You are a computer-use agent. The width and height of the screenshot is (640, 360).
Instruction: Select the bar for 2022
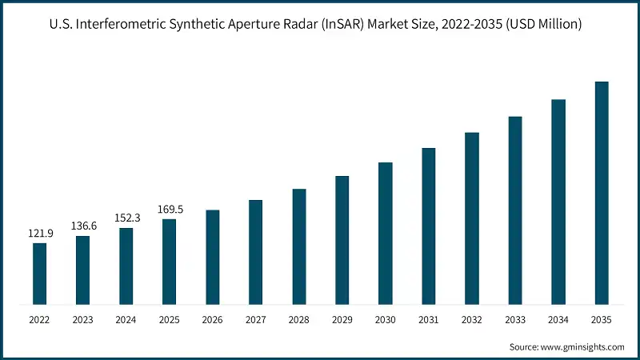pos(39,274)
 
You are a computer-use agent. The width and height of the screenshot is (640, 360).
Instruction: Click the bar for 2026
pos(212,257)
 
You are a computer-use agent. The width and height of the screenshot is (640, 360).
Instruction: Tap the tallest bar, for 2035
pos(602,193)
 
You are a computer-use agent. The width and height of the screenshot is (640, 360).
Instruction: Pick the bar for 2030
pos(385,233)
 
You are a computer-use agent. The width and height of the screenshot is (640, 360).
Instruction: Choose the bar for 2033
pos(515,210)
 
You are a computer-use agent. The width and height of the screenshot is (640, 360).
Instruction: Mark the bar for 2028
pos(299,246)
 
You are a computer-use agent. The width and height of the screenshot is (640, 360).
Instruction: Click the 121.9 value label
pos(39,233)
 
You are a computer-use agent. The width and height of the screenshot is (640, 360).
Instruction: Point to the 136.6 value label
pos(82,226)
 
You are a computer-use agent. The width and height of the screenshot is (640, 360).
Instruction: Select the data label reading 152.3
pos(126,218)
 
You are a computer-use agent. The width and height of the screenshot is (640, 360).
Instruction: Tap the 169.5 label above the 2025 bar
pos(169,210)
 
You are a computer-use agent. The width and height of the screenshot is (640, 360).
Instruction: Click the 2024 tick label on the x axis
pos(126,320)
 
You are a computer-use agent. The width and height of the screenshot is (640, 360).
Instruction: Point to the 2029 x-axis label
pos(342,320)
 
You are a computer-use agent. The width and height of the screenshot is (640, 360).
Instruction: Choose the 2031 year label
pos(428,320)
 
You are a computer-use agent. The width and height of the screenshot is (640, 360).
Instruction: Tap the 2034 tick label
pos(558,320)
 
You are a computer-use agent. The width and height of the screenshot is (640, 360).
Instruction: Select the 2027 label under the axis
pos(255,320)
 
